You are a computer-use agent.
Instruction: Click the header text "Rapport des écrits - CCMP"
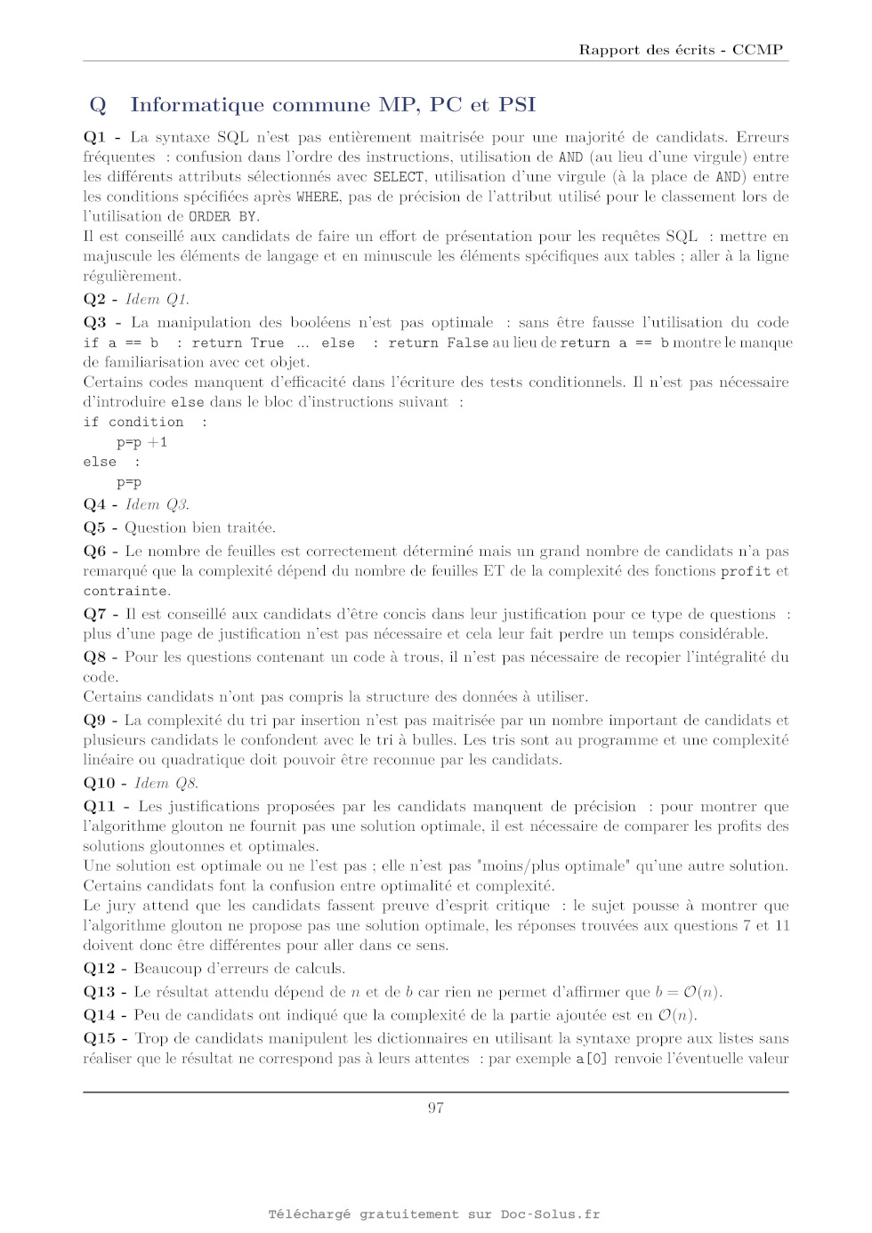681,50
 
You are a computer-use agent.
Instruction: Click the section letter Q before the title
98,105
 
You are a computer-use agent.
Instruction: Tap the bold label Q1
94,137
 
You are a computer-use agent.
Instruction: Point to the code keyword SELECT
398,177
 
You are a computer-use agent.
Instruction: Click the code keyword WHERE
318,197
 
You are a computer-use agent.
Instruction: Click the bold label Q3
94,322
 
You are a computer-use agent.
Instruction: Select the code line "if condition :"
145,422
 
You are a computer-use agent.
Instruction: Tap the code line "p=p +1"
141,442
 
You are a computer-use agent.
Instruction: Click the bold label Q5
94,528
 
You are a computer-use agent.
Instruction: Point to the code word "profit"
746,571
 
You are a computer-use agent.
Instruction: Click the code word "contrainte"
125,591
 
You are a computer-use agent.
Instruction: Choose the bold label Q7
94,614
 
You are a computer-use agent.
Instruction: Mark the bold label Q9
94,720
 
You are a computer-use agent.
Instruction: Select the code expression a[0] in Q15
592,1059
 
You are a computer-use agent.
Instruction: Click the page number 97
436,1108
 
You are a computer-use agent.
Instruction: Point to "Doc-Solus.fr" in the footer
550,1214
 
